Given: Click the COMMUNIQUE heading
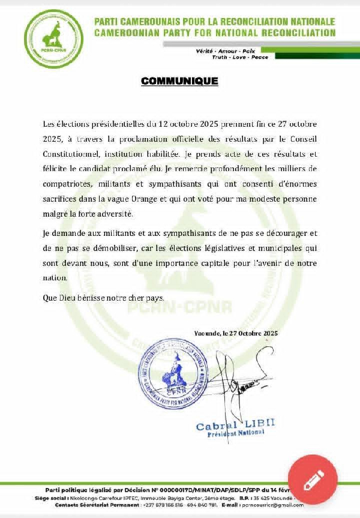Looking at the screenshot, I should tap(180, 80).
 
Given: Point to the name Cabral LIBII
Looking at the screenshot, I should tap(235, 426).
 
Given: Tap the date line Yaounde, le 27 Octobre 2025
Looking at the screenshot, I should tap(236, 333).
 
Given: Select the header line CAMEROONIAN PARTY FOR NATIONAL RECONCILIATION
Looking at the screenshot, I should tap(214, 32).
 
